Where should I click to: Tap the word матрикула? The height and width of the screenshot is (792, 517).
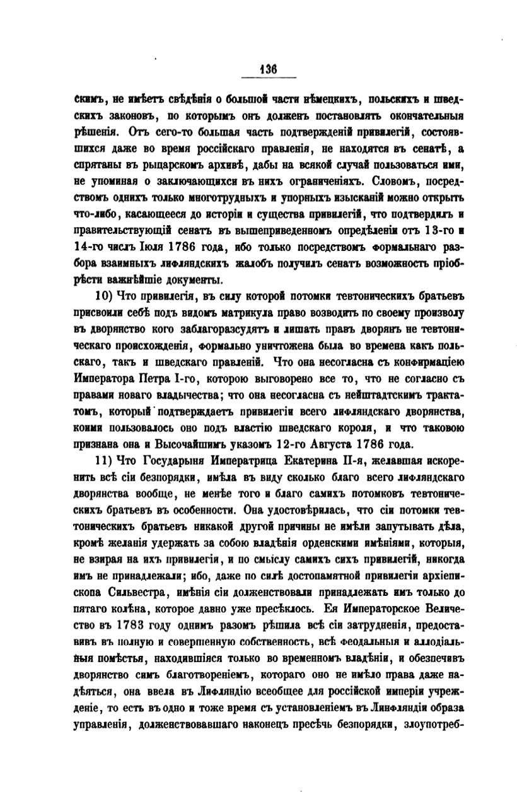click(203, 313)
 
